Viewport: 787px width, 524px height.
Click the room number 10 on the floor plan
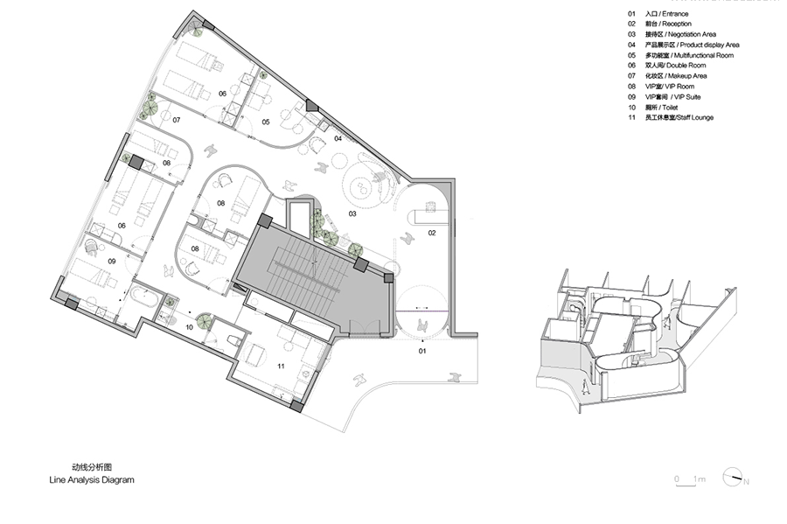click(x=190, y=326)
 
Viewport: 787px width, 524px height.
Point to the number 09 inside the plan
click(x=112, y=261)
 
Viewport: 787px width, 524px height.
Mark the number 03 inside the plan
click(x=353, y=213)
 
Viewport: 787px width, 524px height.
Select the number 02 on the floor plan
click(x=431, y=233)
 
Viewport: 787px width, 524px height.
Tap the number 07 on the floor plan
click(x=176, y=119)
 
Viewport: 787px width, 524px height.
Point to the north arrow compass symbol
click(x=733, y=478)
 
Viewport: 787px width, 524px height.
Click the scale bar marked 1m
click(x=690, y=479)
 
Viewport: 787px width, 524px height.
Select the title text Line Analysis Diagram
click(x=91, y=480)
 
